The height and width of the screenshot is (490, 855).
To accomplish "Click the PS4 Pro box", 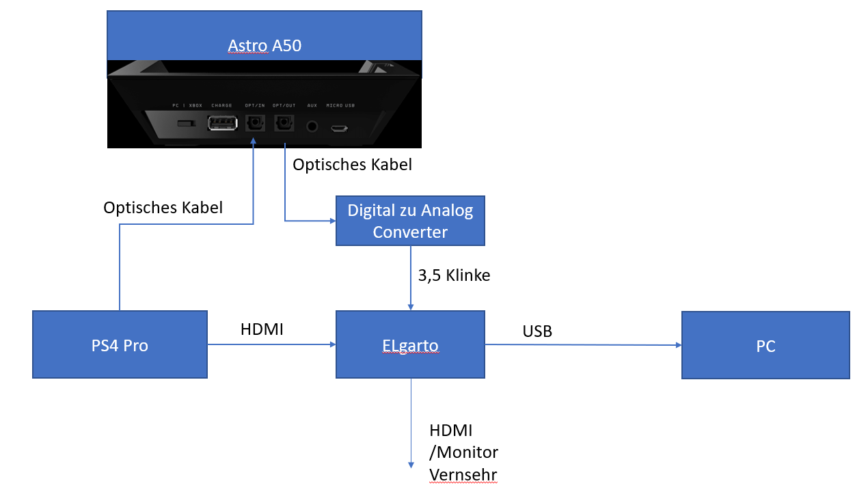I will pos(120,344).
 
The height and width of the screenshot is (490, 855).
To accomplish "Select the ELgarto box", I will pos(410,344).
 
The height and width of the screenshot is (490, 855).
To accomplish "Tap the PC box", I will pos(765,344).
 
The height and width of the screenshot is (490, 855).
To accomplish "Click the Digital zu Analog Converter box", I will pos(410,221).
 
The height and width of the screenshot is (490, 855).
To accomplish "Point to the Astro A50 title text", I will pos(264,46).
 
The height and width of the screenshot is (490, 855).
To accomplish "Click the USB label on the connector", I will pos(537,331).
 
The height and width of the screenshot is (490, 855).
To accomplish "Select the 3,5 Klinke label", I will pos(454,275).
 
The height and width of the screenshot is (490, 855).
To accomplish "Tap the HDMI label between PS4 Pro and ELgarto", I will pos(262,329).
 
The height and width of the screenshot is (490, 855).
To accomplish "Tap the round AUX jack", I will pos(313,126).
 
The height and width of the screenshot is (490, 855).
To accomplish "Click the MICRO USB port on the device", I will pos(340,127).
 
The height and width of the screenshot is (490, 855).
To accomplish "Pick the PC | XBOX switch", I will pos(183,124).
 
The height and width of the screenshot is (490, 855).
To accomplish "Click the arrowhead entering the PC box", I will pos(677,345).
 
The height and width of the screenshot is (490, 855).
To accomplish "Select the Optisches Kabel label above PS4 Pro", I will pos(163,208).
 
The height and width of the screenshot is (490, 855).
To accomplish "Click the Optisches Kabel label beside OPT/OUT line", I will pos(352,165).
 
